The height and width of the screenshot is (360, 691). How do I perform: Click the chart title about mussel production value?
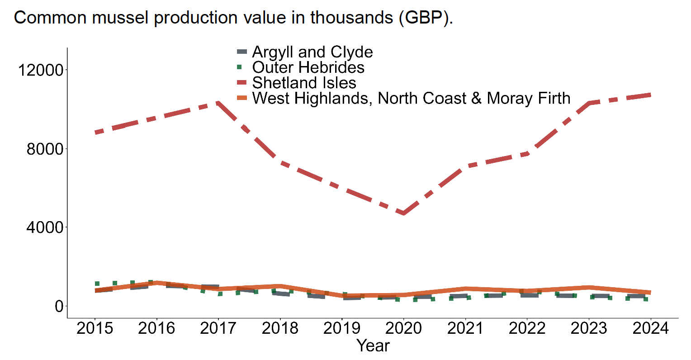point(233,18)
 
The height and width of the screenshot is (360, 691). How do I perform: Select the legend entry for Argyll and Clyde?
point(312,52)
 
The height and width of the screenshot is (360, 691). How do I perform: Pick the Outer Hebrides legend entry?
point(308,67)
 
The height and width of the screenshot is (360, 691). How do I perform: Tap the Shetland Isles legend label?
point(304,83)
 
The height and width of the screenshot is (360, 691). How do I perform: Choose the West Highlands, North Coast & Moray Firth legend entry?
point(411,98)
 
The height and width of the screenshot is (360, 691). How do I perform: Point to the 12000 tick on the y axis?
point(40,70)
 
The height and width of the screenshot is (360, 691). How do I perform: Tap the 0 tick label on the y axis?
point(59,306)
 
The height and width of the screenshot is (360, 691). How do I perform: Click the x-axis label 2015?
point(95,328)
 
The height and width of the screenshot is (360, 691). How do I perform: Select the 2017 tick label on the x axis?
point(218,328)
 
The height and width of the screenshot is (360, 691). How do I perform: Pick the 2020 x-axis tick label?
point(403,328)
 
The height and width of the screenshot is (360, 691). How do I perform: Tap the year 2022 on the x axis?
point(527,328)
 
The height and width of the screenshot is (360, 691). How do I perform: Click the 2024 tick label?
point(650,328)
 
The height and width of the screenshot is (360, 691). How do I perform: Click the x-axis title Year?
point(373,346)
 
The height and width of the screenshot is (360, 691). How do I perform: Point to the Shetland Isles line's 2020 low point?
point(403,213)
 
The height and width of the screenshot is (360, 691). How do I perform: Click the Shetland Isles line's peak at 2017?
point(218,103)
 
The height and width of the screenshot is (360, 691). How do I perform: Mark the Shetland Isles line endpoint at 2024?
point(650,95)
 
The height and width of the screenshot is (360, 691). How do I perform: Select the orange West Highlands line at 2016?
point(156,283)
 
